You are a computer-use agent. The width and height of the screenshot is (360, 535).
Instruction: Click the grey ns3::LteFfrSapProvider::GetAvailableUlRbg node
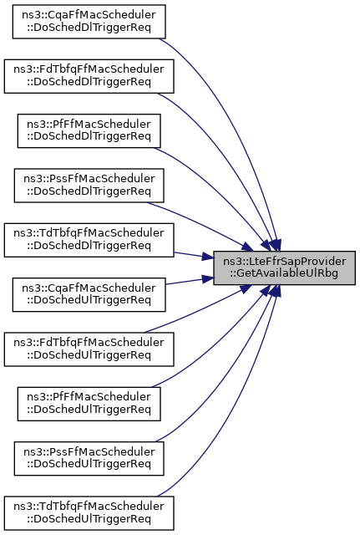[284, 267]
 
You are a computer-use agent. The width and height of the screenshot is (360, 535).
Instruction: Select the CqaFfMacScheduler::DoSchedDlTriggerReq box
[89, 22]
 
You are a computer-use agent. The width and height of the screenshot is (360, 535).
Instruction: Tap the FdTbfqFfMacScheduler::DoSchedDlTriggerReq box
[89, 76]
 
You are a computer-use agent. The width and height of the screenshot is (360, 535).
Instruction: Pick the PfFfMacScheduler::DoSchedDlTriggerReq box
[89, 130]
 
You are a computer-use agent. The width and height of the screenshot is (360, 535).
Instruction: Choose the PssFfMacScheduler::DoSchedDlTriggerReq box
[89, 186]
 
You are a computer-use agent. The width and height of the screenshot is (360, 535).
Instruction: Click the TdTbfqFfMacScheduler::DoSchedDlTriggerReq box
[89, 240]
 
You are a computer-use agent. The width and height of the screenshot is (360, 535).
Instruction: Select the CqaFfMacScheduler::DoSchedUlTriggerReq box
[89, 294]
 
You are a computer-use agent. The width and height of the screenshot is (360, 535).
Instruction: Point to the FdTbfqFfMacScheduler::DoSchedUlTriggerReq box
[89, 349]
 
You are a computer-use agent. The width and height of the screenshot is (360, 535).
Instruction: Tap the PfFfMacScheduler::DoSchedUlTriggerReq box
[89, 404]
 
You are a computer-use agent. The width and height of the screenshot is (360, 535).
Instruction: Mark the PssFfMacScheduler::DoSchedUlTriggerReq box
[89, 458]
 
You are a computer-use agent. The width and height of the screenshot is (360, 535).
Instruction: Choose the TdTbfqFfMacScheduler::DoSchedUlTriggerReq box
[89, 512]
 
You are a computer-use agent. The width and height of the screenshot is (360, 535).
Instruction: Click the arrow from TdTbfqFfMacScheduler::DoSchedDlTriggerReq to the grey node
[194, 256]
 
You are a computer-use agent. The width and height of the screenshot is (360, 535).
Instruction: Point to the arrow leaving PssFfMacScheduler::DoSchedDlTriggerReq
[201, 224]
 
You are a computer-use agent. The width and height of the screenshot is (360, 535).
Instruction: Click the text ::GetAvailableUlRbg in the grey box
[284, 273]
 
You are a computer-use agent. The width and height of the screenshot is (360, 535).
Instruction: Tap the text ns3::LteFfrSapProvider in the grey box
[284, 262]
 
